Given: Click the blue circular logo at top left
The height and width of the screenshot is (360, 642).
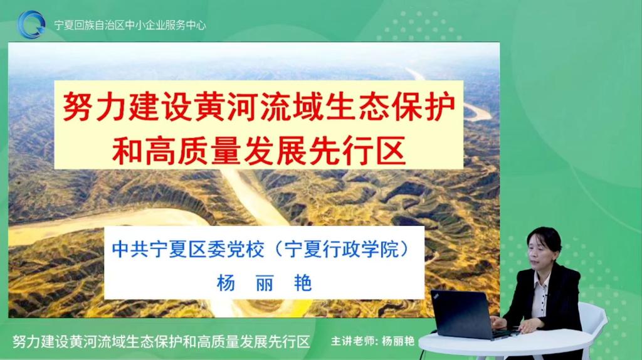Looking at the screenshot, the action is (x=31, y=24).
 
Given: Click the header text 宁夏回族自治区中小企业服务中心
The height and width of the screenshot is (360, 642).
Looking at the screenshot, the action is (x=130, y=25).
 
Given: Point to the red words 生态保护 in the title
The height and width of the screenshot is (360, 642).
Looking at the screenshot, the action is (x=391, y=106).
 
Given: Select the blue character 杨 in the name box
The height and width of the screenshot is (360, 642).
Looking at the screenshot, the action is (x=226, y=283).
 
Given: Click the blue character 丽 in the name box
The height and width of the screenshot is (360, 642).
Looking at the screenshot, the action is (x=265, y=283).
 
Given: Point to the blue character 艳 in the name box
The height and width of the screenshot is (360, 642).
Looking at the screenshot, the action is (x=303, y=283).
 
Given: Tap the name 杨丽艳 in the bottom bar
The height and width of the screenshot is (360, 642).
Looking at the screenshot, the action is (x=398, y=341).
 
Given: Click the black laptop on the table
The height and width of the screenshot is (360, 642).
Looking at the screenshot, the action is (x=466, y=315).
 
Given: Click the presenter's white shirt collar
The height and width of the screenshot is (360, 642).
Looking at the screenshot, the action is (x=541, y=282).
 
